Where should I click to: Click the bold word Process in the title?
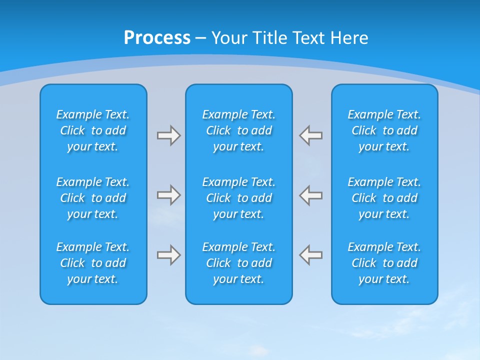pos(157,37)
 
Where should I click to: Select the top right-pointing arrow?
pos(168,135)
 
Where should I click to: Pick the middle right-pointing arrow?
pos(168,195)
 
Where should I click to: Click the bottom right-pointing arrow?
pos(168,255)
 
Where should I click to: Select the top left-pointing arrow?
pos(311,135)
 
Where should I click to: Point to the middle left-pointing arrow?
pos(311,195)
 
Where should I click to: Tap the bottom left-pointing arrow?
pos(311,255)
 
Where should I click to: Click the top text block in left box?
pos(93,130)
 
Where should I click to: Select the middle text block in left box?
pos(93,198)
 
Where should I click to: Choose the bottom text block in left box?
pos(93,263)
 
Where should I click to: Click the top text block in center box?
pos(239,130)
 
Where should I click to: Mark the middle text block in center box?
pos(239,198)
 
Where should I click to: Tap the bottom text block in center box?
pos(239,263)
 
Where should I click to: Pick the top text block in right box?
pos(384,130)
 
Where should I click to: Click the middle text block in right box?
pos(384,198)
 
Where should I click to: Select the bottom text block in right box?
pos(384,263)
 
